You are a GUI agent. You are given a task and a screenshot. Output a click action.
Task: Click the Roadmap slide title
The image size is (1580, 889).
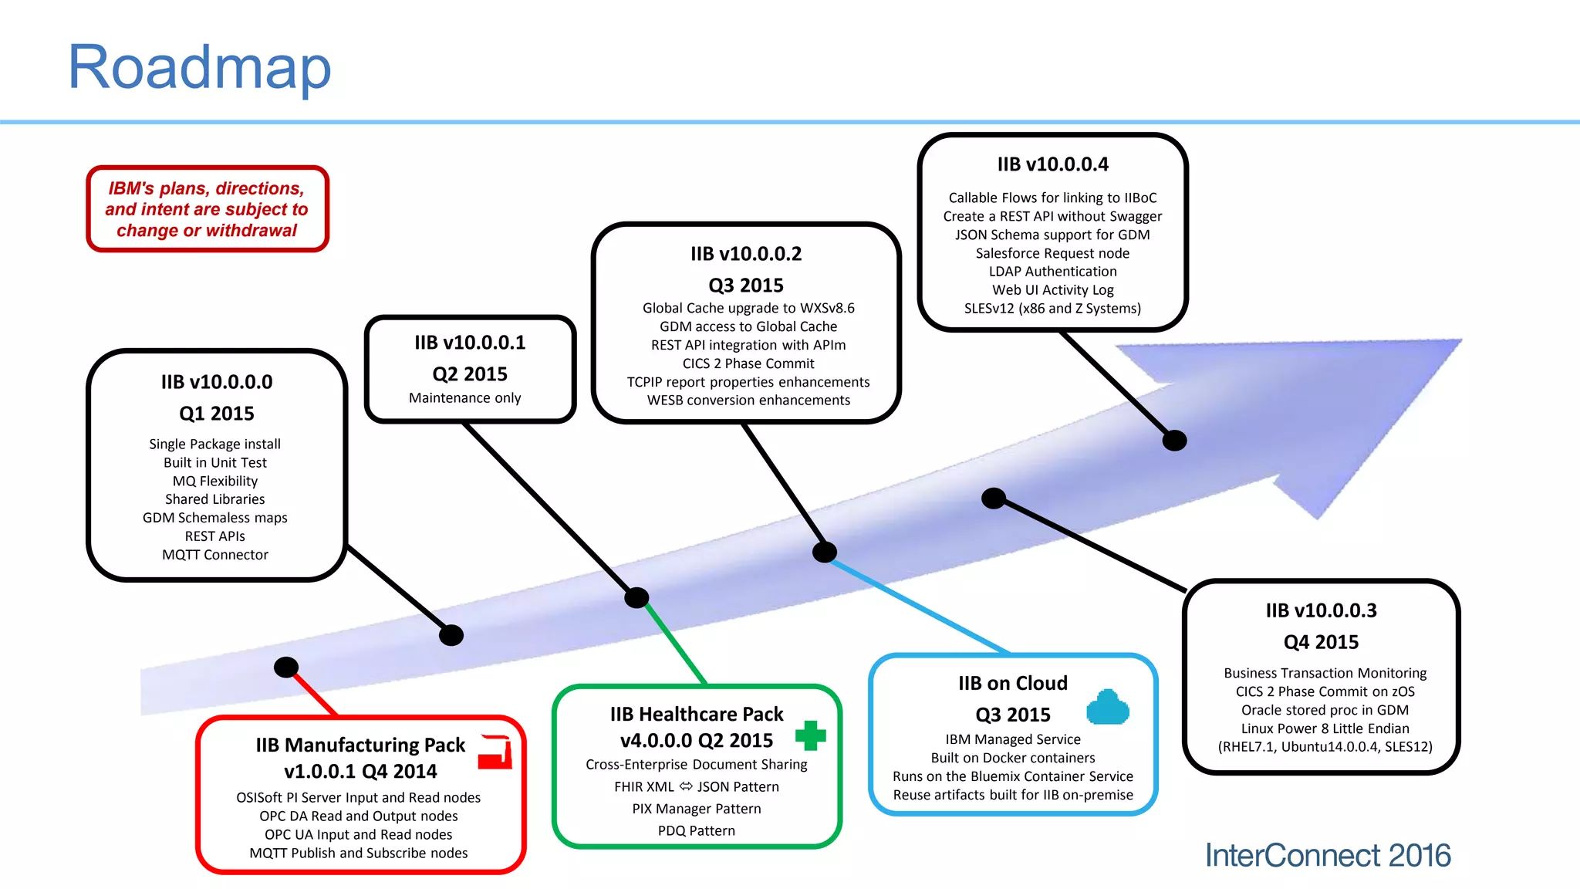click(x=199, y=68)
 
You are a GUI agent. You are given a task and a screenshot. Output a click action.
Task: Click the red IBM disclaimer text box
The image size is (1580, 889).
click(x=207, y=209)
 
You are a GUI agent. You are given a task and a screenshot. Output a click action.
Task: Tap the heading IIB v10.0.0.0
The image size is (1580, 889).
click(x=217, y=382)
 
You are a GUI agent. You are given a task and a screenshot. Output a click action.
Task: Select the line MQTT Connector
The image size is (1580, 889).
click(x=215, y=555)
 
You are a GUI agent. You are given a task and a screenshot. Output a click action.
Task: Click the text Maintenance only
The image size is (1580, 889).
click(x=464, y=398)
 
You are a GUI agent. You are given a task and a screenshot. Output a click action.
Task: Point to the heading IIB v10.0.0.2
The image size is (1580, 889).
click(x=746, y=254)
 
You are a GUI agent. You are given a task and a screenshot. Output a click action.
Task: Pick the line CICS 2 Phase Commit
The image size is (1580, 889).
click(x=748, y=363)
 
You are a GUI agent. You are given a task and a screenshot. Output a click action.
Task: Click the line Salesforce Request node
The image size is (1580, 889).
click(x=1052, y=253)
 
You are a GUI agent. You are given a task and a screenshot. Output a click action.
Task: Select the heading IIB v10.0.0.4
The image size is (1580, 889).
click(x=1052, y=164)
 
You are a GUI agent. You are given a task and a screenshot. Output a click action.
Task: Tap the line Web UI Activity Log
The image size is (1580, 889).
click(x=1052, y=290)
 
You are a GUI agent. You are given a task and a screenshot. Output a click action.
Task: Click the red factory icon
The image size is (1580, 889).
click(x=495, y=752)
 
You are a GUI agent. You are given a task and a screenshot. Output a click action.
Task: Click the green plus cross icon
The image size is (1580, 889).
click(x=810, y=735)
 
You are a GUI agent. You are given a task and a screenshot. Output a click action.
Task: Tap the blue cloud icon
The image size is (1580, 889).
click(x=1107, y=708)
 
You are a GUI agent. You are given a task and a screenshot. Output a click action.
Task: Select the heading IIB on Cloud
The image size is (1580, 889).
click(x=1013, y=684)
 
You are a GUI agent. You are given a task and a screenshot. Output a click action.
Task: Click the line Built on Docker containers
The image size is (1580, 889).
click(x=1013, y=758)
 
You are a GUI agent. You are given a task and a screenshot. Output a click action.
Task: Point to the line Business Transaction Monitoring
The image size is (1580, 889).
click(x=1325, y=673)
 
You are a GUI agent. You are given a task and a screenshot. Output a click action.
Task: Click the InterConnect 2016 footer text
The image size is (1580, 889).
click(x=1328, y=856)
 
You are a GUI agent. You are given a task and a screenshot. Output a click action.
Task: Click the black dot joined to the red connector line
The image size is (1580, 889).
click(x=286, y=668)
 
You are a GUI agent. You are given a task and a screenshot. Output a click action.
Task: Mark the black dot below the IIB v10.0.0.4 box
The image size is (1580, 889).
click(x=1174, y=441)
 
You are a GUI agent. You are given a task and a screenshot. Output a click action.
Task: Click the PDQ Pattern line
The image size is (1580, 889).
click(x=696, y=831)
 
